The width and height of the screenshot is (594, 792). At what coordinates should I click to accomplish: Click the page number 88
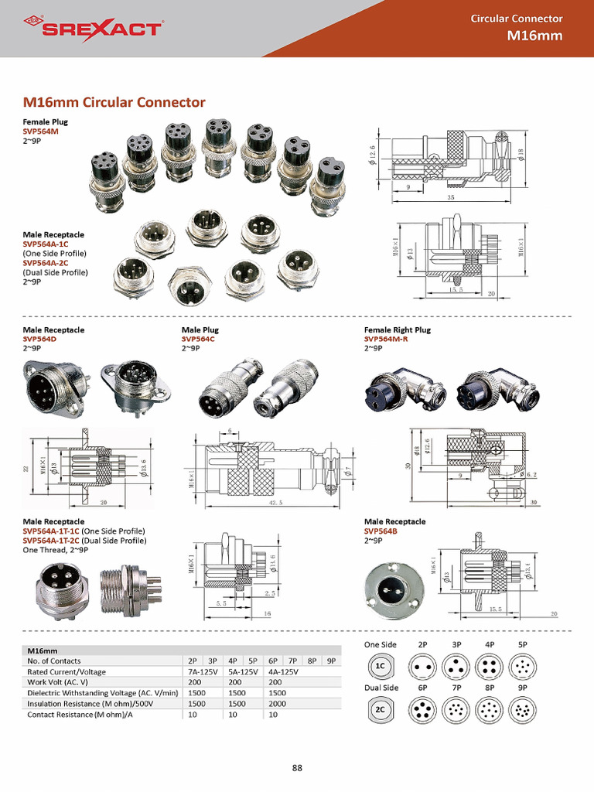297,767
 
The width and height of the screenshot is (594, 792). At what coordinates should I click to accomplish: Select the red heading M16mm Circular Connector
114,102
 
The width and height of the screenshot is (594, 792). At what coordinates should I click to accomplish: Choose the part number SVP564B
381,531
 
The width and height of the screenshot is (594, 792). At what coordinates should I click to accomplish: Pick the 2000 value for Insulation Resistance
279,704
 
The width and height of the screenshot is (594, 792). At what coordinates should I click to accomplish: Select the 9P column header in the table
331,661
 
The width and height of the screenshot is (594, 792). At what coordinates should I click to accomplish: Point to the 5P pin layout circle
523,666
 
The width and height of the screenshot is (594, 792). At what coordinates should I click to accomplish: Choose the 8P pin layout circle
490,709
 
